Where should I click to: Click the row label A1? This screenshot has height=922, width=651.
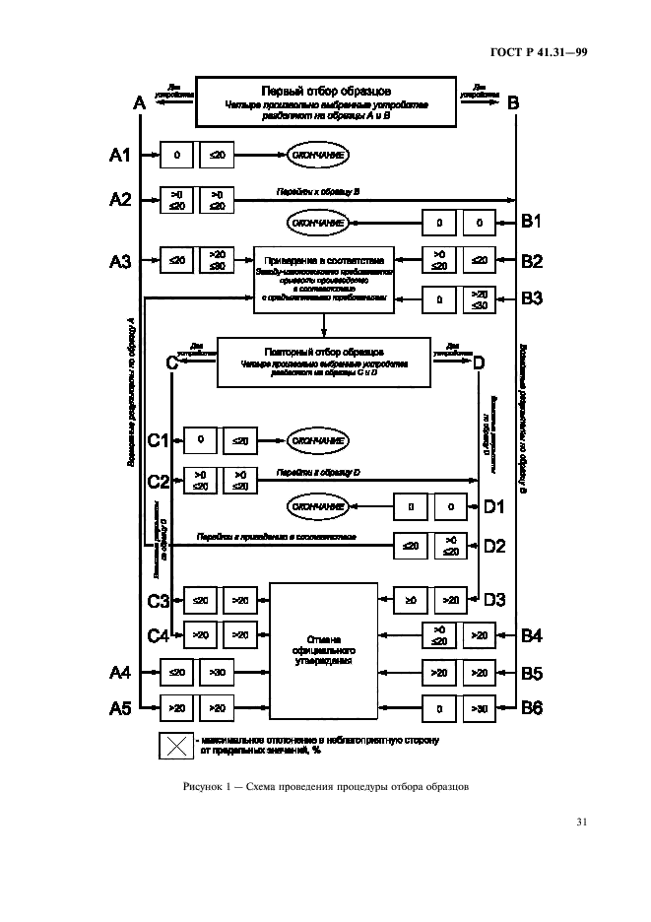coord(119,155)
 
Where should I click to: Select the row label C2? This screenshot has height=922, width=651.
coord(160,482)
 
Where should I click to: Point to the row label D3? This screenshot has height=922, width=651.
coord(494,597)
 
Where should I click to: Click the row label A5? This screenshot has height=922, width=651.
coord(119,707)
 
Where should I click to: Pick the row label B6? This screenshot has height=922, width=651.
coord(532,707)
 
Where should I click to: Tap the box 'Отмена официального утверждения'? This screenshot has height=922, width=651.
coord(324,651)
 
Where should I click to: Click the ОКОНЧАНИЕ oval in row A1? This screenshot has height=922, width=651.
coord(317,155)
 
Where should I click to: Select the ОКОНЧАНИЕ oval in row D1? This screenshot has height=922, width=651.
coord(317,506)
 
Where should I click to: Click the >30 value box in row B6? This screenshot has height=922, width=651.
coord(479,707)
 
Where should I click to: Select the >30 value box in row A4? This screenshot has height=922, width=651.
coord(218,674)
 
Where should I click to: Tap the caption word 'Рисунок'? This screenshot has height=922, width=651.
coord(204,786)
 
